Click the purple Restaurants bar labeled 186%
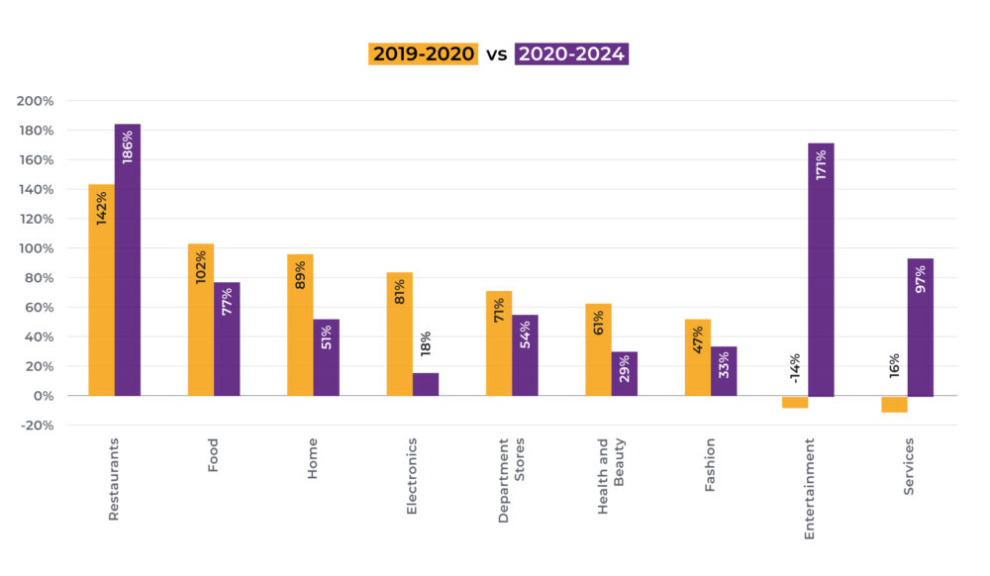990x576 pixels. click(128, 259)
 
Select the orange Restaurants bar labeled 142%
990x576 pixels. click(101, 289)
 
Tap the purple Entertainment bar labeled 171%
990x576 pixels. click(821, 269)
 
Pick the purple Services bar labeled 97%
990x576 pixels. click(920, 327)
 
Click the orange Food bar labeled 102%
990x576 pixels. click(201, 319)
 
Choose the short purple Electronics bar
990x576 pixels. click(426, 384)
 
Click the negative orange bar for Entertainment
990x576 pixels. click(795, 402)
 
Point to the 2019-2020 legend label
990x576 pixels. click(423, 54)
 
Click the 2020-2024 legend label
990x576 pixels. click(572, 54)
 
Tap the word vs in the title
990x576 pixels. click(496, 54)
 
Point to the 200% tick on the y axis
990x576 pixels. click(36, 101)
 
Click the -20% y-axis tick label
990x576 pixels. click(36, 426)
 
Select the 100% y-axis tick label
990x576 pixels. click(36, 248)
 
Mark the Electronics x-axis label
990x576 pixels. click(412, 476)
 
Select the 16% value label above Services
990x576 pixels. click(894, 369)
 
